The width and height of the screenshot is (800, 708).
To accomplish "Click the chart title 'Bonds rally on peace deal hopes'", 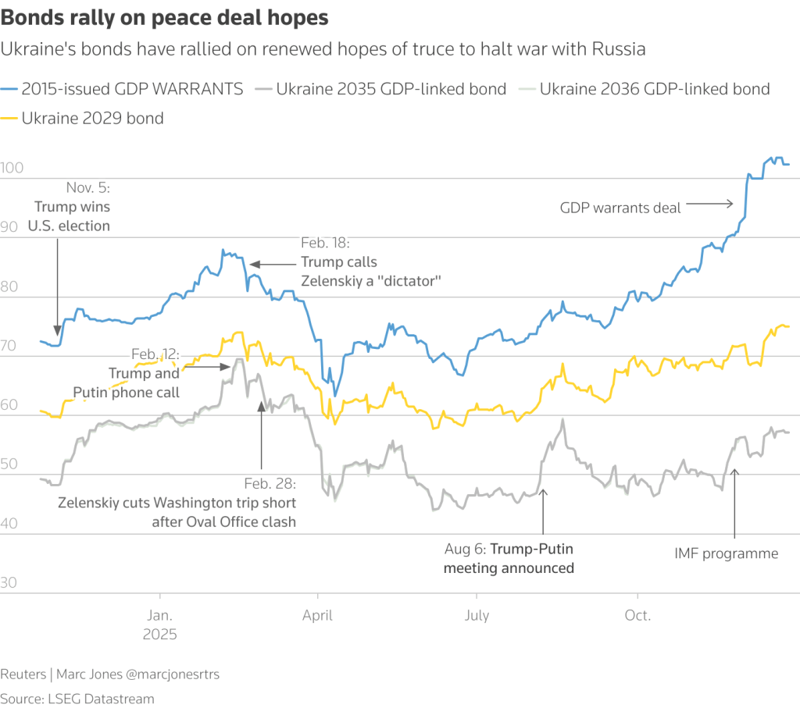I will point(164,17).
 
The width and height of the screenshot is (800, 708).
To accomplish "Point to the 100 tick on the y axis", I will point(12,169).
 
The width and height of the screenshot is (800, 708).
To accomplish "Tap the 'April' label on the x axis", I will point(318,615).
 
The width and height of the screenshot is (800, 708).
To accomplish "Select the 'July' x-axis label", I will point(477,615).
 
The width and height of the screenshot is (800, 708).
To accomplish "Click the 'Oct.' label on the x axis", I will point(637,615).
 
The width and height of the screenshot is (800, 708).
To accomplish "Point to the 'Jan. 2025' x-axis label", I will point(159,624).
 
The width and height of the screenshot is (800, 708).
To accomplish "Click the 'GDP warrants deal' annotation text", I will point(620,208).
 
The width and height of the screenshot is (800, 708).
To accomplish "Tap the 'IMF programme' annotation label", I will point(726,553).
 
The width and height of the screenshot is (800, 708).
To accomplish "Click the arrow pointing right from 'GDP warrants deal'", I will point(709,205).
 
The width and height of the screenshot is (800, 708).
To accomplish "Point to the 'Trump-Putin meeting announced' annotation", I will point(509,559).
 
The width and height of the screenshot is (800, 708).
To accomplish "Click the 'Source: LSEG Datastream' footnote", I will point(77,698).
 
